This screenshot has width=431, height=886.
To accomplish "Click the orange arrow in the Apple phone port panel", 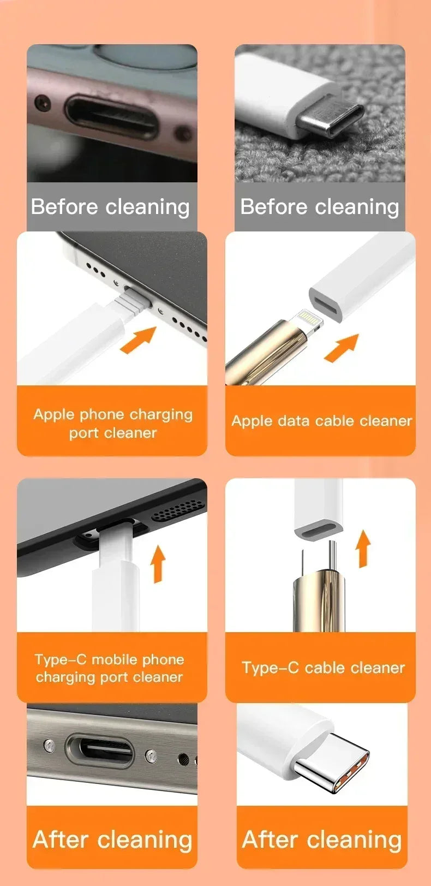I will click(137, 340).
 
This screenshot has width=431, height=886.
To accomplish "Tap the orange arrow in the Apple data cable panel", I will click(342, 347).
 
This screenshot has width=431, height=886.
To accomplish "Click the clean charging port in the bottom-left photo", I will click(99, 751).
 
